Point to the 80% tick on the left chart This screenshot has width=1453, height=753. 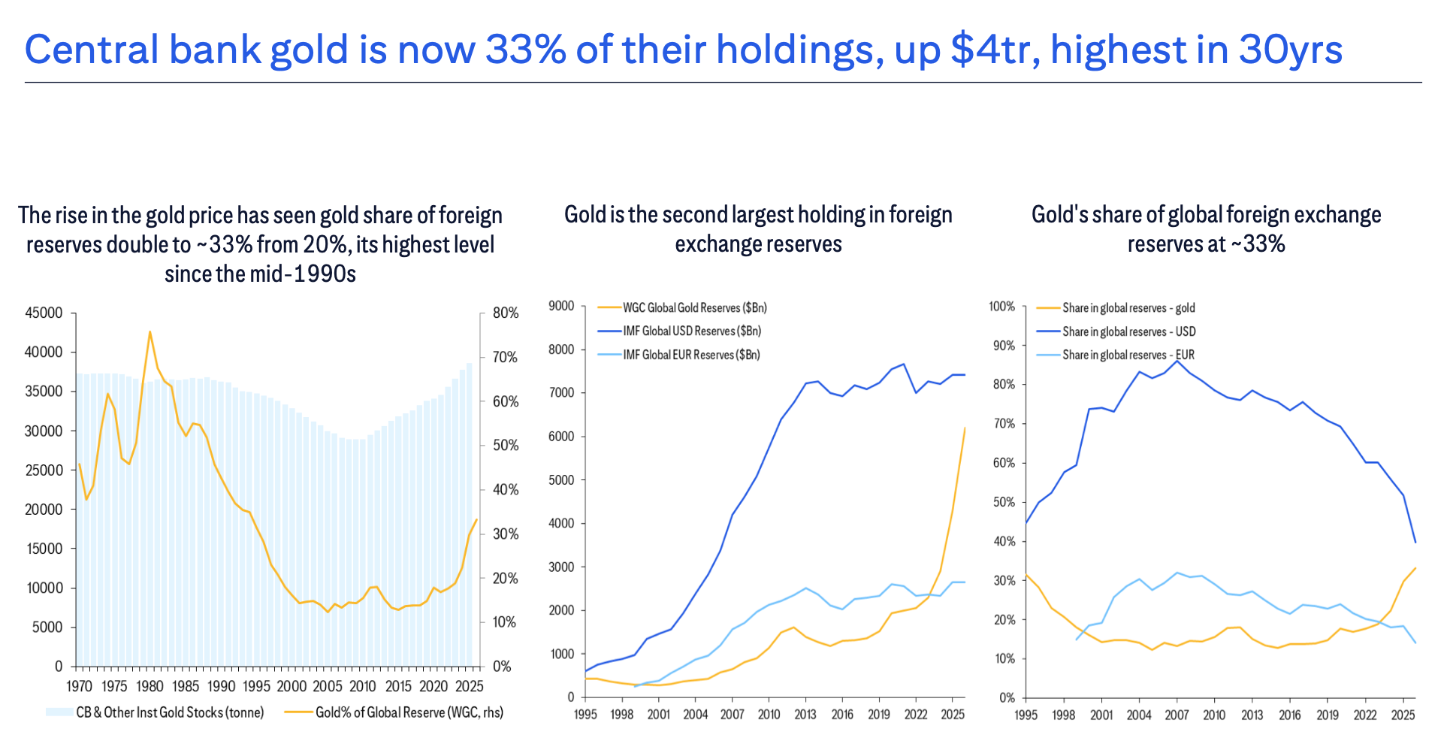coord(506,313)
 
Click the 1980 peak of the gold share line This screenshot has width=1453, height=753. coord(150,331)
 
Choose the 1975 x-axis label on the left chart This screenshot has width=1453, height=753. coord(114,686)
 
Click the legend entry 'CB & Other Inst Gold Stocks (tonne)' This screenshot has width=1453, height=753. coord(170,712)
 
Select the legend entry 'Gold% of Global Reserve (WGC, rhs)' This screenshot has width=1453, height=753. coord(409,712)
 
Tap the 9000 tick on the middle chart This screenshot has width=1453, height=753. coord(561,306)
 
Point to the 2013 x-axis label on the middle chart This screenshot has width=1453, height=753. coord(805,714)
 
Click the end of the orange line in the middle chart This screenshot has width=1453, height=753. coord(965,428)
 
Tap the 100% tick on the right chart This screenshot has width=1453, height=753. coord(1001,307)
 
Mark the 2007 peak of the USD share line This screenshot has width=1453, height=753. coord(1177,361)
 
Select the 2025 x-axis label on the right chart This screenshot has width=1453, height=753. coord(1403,715)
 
